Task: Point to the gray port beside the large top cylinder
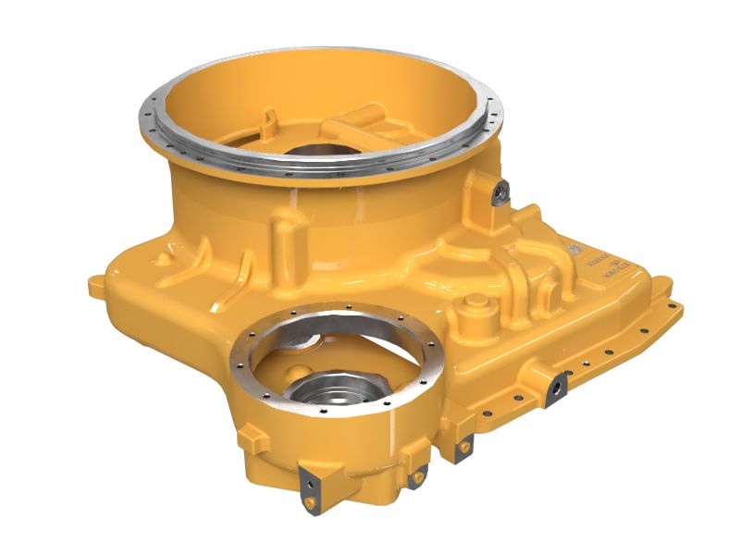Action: [499, 192]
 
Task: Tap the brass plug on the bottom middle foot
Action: [419, 475]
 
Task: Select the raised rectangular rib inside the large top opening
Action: [356, 117]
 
